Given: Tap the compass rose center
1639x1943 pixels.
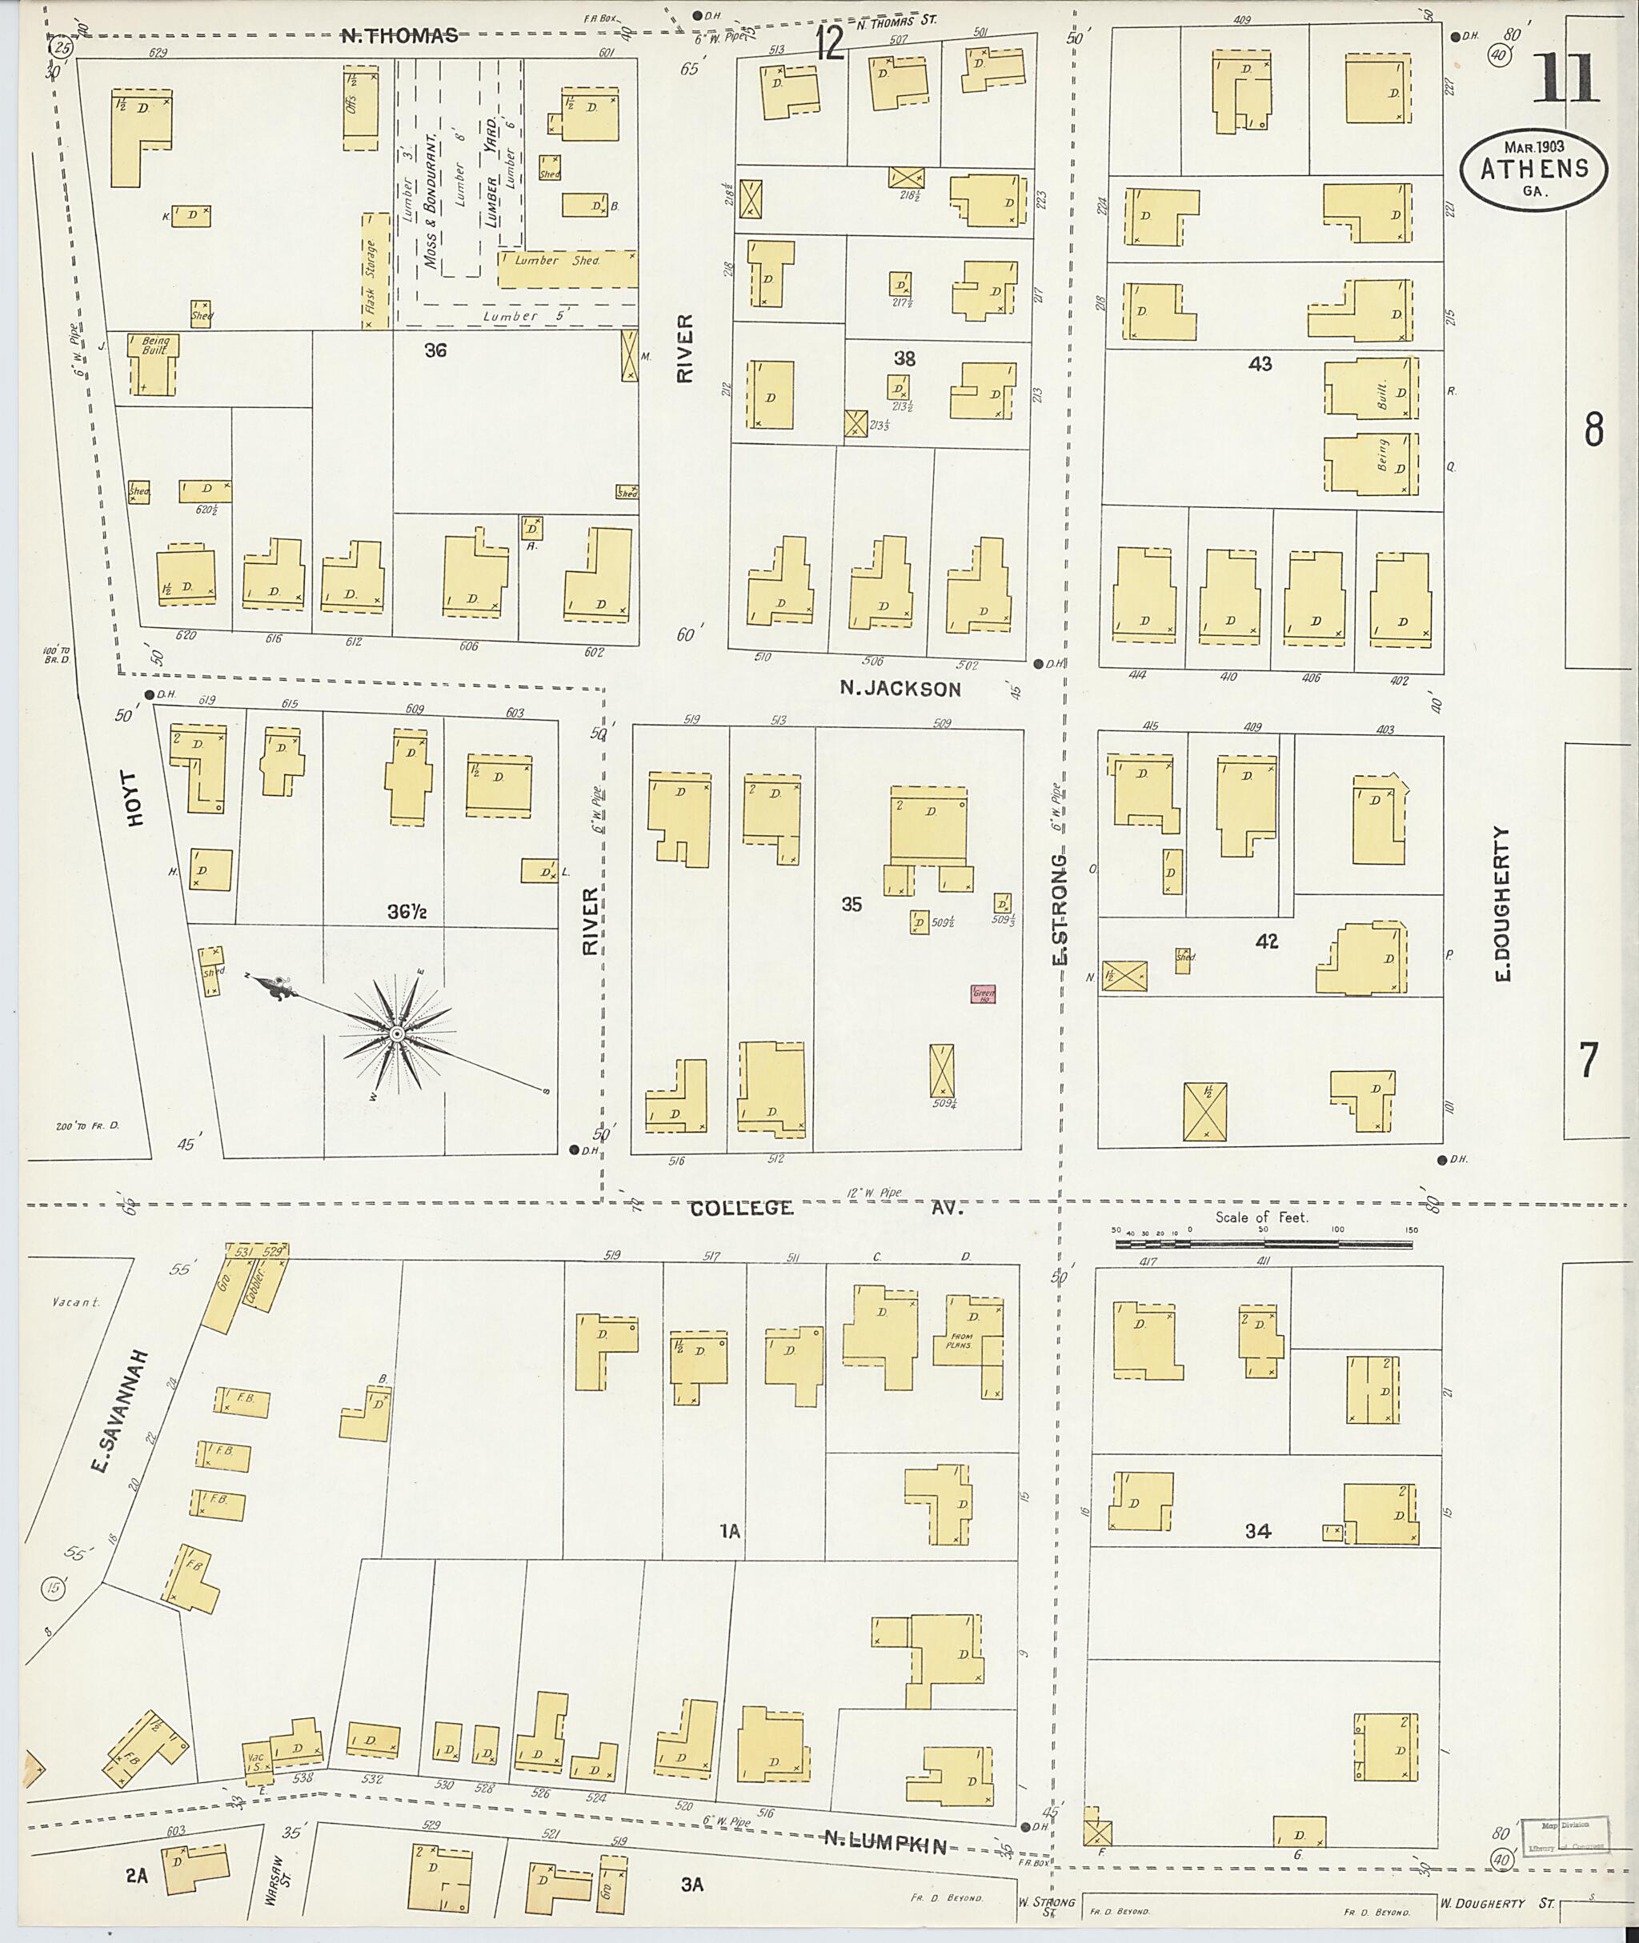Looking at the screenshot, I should click(x=397, y=1033).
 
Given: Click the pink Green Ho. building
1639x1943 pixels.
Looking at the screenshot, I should click(x=983, y=993).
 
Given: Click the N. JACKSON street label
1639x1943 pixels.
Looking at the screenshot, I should click(x=900, y=688).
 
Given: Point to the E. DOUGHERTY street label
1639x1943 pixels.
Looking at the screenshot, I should click(x=1502, y=903).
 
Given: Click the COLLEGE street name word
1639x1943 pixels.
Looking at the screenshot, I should click(x=740, y=1209).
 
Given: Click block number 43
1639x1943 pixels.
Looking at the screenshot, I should click(x=1260, y=364).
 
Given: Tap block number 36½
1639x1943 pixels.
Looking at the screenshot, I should click(x=407, y=913).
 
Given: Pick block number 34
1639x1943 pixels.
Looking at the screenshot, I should click(x=1257, y=1530).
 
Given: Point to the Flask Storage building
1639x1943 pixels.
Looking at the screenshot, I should click(x=375, y=270).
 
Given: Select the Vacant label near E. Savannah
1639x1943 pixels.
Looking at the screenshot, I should click(x=76, y=1302).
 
